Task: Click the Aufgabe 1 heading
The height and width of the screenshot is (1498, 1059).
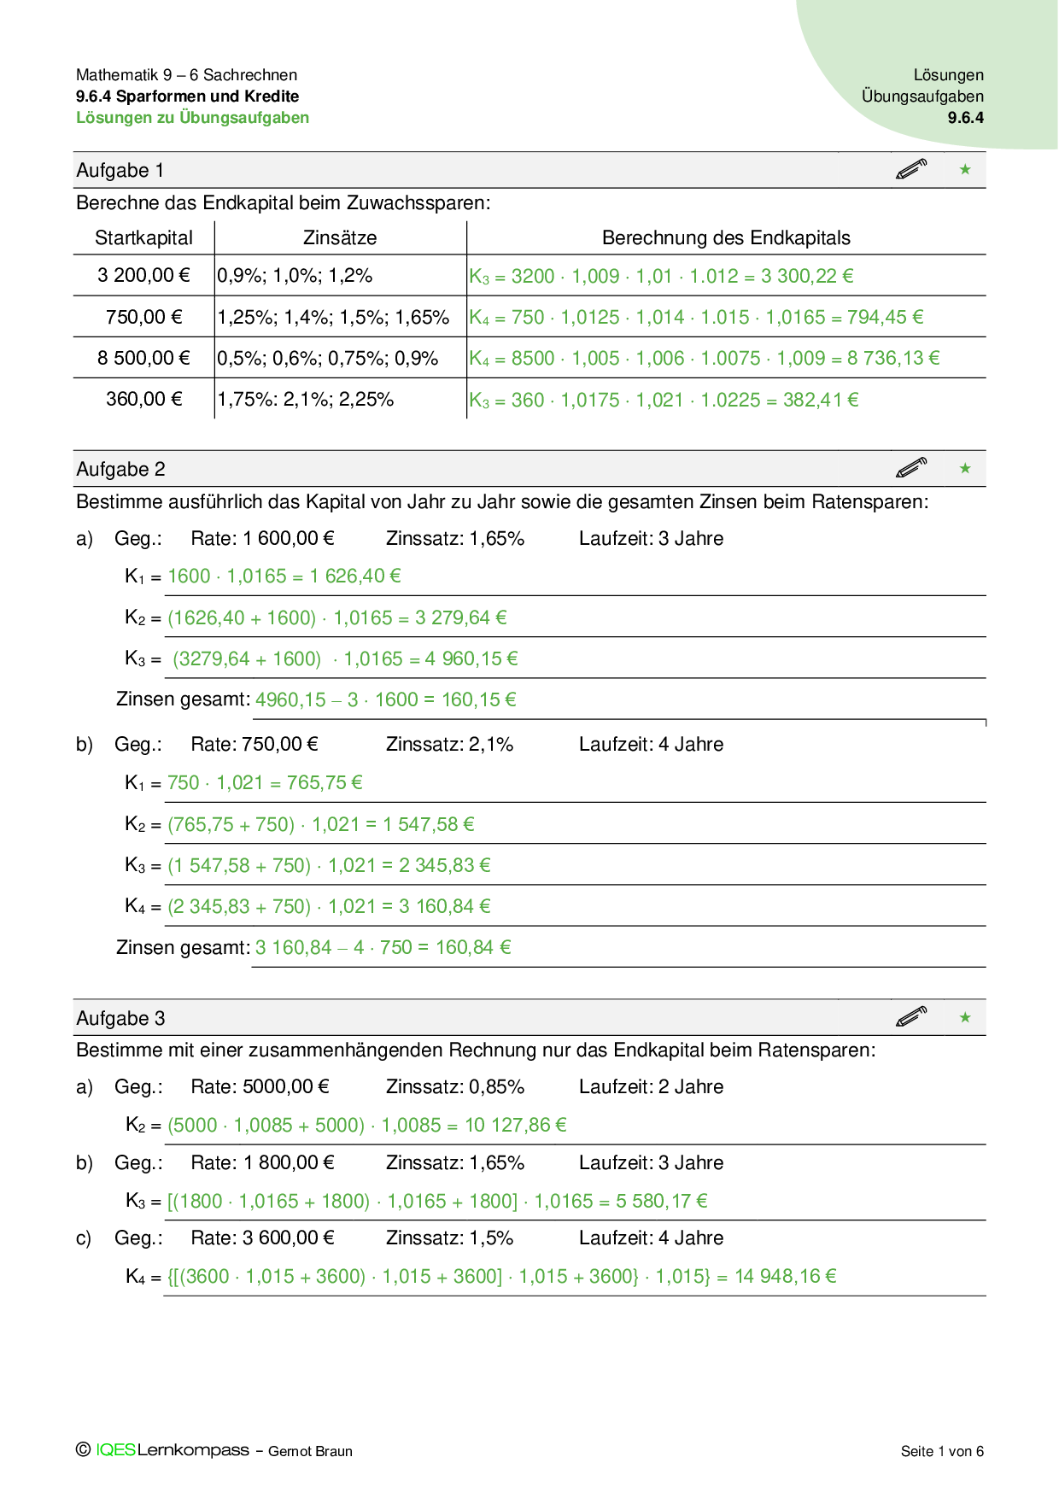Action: pyautogui.click(x=120, y=171)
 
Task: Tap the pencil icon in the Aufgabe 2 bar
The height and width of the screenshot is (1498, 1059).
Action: pyautogui.click(x=911, y=468)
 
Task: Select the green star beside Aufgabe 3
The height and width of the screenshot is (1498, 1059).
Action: pyautogui.click(x=965, y=1017)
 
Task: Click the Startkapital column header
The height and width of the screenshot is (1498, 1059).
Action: pyautogui.click(x=143, y=238)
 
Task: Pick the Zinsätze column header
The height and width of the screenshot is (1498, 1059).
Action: pyautogui.click(x=340, y=238)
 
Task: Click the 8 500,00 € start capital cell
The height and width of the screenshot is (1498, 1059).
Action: pyautogui.click(x=143, y=358)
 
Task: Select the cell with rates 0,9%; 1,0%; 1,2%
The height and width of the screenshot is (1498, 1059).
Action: pyautogui.click(x=295, y=276)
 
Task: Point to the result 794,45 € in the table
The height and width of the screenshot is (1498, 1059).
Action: pyautogui.click(x=885, y=318)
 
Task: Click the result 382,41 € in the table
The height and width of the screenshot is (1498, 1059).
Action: pyautogui.click(x=821, y=400)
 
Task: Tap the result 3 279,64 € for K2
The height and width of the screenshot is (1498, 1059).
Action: pyautogui.click(x=460, y=617)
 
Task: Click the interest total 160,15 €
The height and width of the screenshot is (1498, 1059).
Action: pyautogui.click(x=478, y=700)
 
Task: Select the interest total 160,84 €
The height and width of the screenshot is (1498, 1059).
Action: pyautogui.click(x=473, y=948)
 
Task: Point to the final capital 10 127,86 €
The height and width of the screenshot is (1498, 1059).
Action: pyautogui.click(x=515, y=1126)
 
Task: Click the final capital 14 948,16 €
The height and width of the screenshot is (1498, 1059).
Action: pyautogui.click(x=785, y=1277)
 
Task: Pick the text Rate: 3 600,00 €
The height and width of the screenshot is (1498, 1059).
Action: pyautogui.click(x=262, y=1238)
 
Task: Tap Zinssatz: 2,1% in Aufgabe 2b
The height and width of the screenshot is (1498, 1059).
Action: pyautogui.click(x=449, y=745)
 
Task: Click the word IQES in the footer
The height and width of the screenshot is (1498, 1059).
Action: pyautogui.click(x=115, y=1450)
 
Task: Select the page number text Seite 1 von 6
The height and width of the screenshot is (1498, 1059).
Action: pyautogui.click(x=942, y=1451)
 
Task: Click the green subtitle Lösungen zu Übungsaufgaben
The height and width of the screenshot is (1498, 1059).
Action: pyautogui.click(x=192, y=118)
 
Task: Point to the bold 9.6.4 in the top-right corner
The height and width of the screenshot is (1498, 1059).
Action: pyautogui.click(x=965, y=118)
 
